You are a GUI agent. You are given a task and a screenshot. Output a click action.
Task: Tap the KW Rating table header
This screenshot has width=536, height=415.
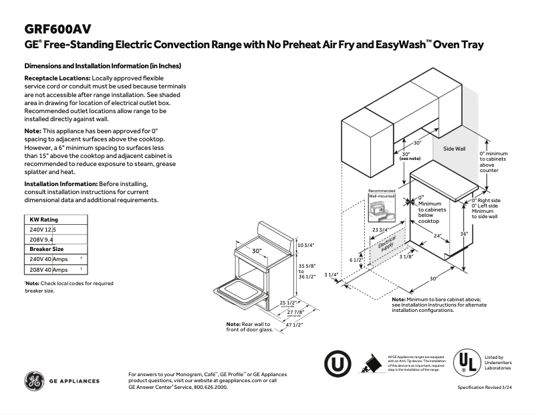(44, 220)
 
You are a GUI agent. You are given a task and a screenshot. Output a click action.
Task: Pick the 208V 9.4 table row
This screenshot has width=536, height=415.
(41, 239)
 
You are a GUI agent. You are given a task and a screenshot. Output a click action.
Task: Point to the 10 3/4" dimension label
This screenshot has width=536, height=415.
(305, 245)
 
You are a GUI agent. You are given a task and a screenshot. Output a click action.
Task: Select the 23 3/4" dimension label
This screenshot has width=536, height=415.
(382, 230)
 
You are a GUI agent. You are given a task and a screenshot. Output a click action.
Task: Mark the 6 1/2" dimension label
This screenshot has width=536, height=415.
(357, 260)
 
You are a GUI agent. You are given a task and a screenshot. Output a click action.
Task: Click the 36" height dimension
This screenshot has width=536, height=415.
(464, 234)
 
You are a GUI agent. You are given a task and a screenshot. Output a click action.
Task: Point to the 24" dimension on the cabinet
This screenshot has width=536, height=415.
(437, 236)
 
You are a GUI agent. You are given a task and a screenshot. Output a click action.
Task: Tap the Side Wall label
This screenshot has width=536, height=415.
(454, 149)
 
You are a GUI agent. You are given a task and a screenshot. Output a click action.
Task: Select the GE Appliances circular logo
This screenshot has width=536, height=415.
(34, 380)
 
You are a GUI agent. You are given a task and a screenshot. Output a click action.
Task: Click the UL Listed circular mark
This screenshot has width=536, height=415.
(466, 363)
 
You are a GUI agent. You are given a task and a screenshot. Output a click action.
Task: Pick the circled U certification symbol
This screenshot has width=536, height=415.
(338, 363)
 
